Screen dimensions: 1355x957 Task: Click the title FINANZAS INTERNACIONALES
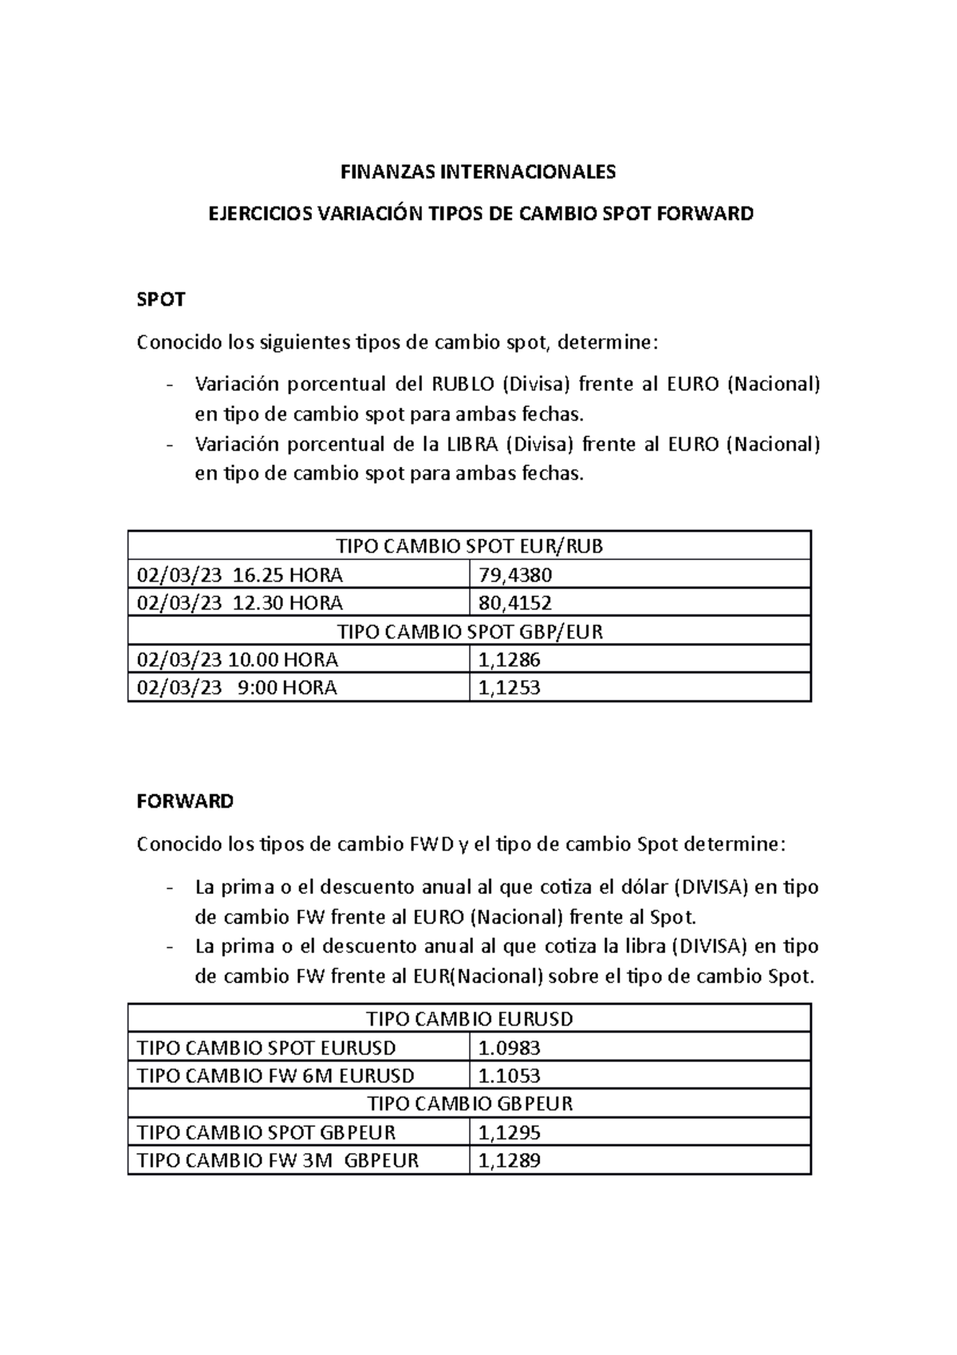[x=478, y=172]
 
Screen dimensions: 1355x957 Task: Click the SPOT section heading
[x=161, y=300]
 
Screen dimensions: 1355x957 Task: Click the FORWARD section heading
[x=185, y=801]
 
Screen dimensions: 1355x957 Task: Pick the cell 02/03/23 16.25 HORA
[x=240, y=575]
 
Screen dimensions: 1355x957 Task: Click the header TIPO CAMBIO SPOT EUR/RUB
[x=470, y=546]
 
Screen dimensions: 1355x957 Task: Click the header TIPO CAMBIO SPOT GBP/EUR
[x=470, y=631]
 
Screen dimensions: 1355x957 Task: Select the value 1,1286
[x=509, y=660]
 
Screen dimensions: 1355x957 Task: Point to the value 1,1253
[x=509, y=687]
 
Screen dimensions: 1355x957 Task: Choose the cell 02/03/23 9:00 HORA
[x=237, y=687]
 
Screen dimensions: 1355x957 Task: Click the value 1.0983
[x=509, y=1048]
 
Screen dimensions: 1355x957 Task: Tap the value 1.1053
[x=509, y=1076]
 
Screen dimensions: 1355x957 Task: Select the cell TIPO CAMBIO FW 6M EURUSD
[x=275, y=1076]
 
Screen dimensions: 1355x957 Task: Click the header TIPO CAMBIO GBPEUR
[x=470, y=1104]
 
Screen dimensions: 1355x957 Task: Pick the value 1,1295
[x=509, y=1132]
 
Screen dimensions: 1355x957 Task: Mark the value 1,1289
[x=509, y=1160]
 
